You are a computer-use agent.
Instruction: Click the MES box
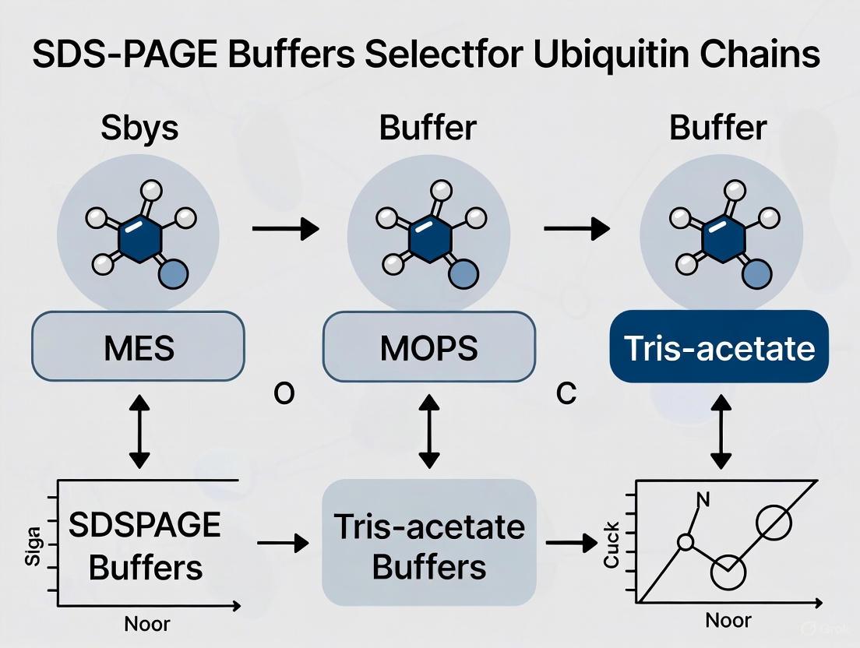[138, 347]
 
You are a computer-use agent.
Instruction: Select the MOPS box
[429, 347]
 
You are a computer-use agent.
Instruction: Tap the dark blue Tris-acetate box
[719, 347]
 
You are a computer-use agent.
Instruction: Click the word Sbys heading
[139, 128]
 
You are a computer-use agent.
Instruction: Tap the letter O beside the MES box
[284, 395]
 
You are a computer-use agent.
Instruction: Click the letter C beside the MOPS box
[567, 395]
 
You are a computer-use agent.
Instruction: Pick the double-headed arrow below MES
[139, 430]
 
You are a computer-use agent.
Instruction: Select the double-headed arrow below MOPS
[429, 430]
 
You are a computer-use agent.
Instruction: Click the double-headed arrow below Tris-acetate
[719, 430]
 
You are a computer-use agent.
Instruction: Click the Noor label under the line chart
[728, 620]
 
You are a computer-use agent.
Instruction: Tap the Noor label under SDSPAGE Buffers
[146, 623]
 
